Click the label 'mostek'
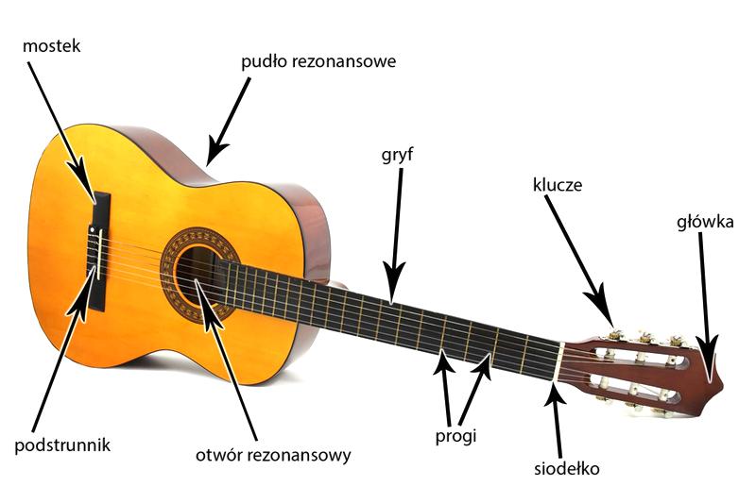[52, 46]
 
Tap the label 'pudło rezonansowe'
[318, 62]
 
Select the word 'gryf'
[397, 156]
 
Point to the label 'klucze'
[558, 185]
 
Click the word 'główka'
[705, 222]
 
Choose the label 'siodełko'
[566, 468]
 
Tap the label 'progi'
[455, 437]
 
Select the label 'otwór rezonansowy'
[273, 456]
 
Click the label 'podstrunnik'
[62, 445]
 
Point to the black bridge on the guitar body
[99, 249]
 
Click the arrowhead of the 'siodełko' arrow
[556, 394]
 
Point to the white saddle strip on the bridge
[99, 254]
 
